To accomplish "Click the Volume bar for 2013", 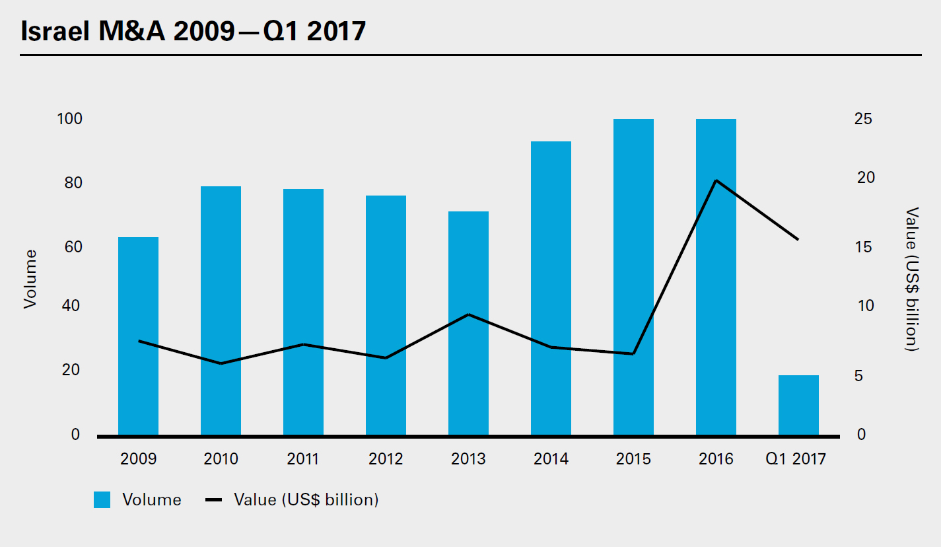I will coord(468,323).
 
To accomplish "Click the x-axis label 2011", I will coord(303,458).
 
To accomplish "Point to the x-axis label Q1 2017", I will coord(796,458).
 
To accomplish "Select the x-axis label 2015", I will coord(633,458).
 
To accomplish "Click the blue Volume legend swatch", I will coord(102,500).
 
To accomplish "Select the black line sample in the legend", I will coord(214,500).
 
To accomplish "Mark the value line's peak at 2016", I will coord(716,180).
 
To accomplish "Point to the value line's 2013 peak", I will coord(468,314).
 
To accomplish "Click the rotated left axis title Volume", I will coord(29,278).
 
